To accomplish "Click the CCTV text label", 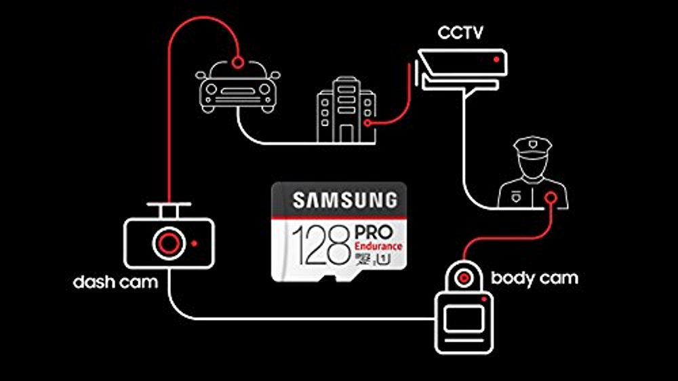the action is click(460, 33).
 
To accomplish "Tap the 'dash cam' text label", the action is click(115, 282).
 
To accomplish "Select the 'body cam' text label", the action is click(534, 278).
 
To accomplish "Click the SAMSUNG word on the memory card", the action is click(344, 200).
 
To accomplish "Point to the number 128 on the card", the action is click(321, 245).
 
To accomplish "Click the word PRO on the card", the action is click(374, 233).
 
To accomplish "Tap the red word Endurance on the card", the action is click(378, 246).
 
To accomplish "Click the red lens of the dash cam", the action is click(169, 243).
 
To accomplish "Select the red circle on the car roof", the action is click(237, 62).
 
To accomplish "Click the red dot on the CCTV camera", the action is click(496, 59).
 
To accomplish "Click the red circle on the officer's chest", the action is click(551, 198).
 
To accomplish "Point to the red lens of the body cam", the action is click(464, 278).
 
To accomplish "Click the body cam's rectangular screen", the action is click(464, 319).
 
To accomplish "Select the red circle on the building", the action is click(367, 123).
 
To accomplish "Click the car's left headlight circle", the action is click(211, 89).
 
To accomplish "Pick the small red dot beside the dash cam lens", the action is click(194, 243).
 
